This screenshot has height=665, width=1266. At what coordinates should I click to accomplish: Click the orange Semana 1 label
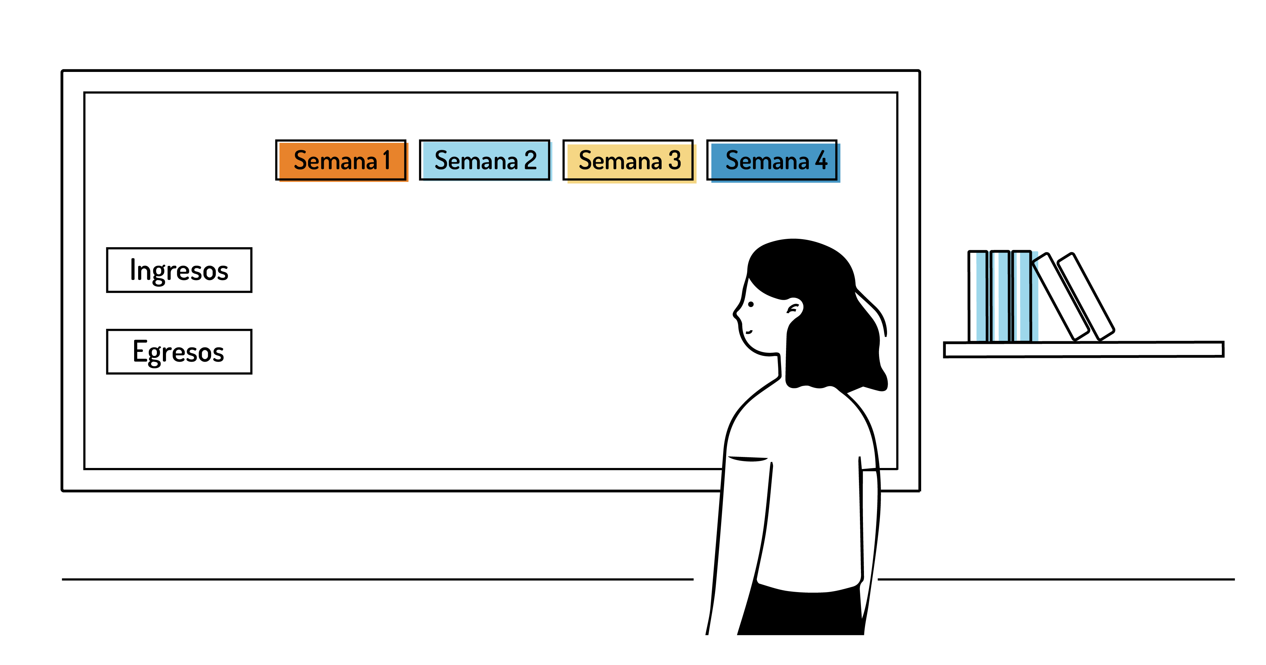pos(341,160)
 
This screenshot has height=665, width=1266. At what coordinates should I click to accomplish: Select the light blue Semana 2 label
pos(485,160)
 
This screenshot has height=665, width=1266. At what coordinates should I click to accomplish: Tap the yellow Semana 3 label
pos(628,160)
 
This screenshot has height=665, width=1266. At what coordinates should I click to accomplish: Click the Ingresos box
pos(179,270)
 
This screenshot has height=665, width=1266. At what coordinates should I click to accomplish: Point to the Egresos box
pos(179,352)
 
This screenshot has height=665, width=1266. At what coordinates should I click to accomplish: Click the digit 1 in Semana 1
pos(386,160)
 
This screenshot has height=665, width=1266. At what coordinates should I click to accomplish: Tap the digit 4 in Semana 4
pos(821,160)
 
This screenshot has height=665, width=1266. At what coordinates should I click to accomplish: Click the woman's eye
pos(751,305)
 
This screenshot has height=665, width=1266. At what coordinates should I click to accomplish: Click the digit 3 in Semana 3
pos(675,160)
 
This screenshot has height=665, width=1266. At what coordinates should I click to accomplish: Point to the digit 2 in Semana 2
pos(530,160)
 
